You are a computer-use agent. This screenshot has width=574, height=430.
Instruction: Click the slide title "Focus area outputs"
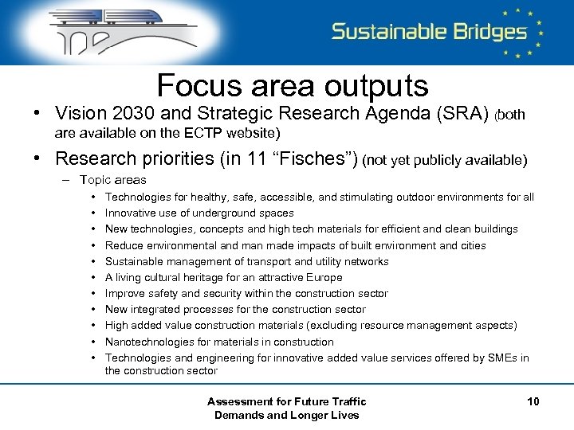(293, 85)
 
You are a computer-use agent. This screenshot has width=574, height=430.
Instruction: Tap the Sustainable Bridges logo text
(430, 32)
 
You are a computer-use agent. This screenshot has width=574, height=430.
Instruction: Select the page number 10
(533, 401)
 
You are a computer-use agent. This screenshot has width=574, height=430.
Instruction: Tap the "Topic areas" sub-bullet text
(112, 180)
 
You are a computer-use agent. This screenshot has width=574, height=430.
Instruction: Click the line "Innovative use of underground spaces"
(199, 213)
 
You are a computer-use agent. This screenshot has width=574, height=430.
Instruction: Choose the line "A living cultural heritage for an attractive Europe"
(223, 277)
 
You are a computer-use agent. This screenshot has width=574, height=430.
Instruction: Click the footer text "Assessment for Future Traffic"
(286, 401)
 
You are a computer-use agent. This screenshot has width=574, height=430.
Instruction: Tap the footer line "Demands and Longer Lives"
(286, 415)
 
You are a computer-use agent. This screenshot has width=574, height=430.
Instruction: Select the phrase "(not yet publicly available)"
(444, 160)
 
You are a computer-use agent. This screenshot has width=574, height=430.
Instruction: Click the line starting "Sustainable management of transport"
(246, 261)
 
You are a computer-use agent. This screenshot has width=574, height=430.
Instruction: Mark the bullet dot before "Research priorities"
(37, 158)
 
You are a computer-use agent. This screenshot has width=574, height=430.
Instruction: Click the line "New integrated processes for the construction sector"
(235, 309)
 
